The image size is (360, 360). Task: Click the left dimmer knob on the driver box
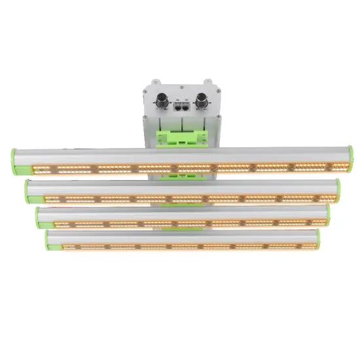(x=161, y=103)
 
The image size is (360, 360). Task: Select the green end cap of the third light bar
(x=39, y=216)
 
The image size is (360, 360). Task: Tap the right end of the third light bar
(x=327, y=215)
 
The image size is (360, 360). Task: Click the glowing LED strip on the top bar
(x=180, y=168)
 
